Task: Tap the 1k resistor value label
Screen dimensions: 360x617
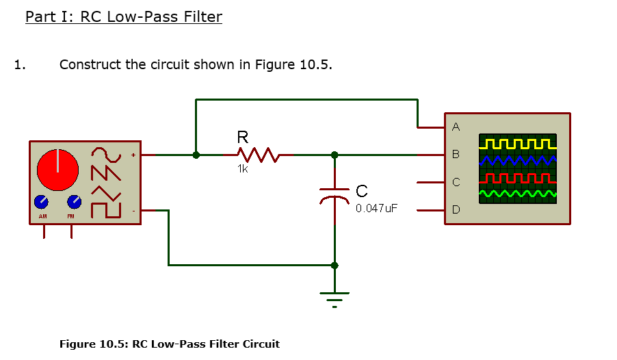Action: pos(243,169)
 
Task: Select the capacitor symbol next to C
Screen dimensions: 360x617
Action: pos(334,195)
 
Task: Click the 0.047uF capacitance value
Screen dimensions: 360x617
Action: pos(376,208)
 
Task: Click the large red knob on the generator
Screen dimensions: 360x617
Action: pos(58,169)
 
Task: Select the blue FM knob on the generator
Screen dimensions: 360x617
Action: pos(74,202)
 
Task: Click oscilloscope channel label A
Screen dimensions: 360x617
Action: pos(456,127)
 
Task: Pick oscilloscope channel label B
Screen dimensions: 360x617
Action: pos(456,155)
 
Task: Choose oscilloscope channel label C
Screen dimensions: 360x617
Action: pos(456,182)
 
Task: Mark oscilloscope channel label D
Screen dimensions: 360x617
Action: pos(456,209)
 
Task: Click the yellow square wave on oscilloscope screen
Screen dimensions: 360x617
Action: pos(518,144)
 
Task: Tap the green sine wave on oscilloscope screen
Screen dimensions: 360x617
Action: pos(518,195)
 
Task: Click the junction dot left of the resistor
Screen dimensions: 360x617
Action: pos(196,155)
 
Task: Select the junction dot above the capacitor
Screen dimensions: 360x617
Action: pos(334,155)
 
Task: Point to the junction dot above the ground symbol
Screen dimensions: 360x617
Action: pos(334,265)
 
